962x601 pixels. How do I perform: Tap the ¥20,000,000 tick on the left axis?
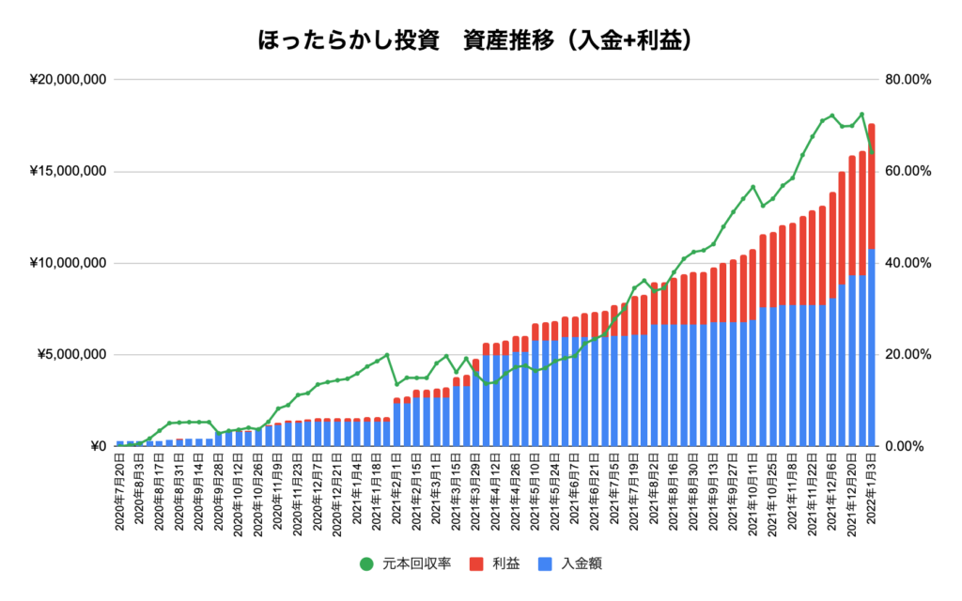pos(67,80)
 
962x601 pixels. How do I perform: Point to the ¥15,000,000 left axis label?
pos(67,172)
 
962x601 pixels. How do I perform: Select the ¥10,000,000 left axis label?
pos(67,263)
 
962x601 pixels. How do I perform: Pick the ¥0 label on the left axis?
pos(94,447)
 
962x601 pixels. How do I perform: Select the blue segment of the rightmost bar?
pos(872,347)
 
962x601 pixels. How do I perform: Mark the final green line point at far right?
pos(872,152)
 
